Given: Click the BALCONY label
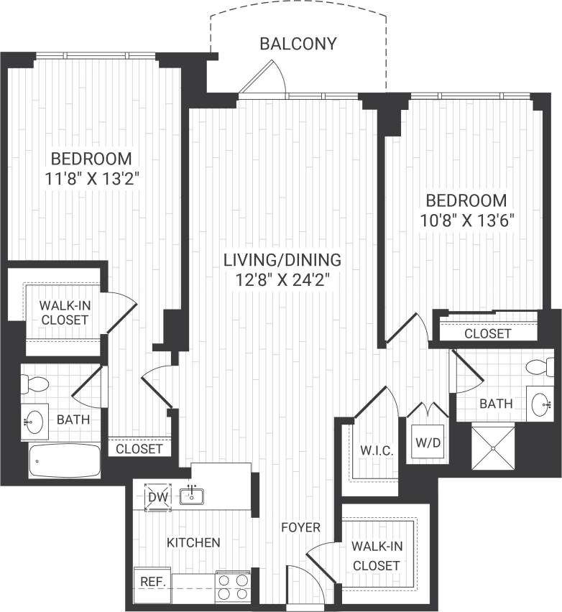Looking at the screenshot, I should [x=298, y=44].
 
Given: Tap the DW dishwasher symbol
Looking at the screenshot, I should [x=157, y=497].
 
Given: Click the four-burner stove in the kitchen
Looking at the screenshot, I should [x=232, y=585].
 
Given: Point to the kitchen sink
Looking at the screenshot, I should [x=193, y=495].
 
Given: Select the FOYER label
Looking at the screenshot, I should [x=300, y=528].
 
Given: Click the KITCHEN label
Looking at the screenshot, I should [x=193, y=542].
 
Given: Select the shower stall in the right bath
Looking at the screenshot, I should [x=493, y=448].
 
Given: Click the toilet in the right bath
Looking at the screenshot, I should [x=540, y=367].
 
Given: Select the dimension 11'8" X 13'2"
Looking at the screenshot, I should [x=90, y=177].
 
